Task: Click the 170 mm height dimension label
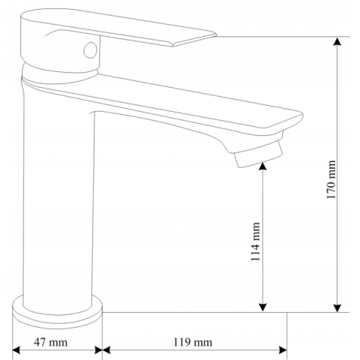[331, 179]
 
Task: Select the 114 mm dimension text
[256, 241]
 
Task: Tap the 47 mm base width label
[51, 342]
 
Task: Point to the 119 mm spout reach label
[193, 342]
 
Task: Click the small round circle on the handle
[90, 50]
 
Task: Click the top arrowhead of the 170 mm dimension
[337, 41]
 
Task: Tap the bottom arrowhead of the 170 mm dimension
[337, 307]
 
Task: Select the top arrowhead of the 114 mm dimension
[262, 166]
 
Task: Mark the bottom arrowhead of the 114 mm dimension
[262, 307]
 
